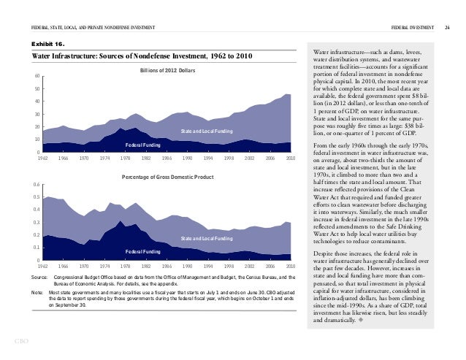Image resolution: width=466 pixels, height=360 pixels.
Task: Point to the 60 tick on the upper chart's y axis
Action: [37, 77]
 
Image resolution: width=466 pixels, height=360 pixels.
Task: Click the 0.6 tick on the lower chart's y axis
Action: [35, 185]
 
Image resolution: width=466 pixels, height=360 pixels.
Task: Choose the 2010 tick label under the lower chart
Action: [290, 267]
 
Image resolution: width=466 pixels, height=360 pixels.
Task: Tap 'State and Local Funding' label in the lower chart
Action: [207, 239]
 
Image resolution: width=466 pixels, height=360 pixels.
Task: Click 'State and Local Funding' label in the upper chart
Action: [207, 131]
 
